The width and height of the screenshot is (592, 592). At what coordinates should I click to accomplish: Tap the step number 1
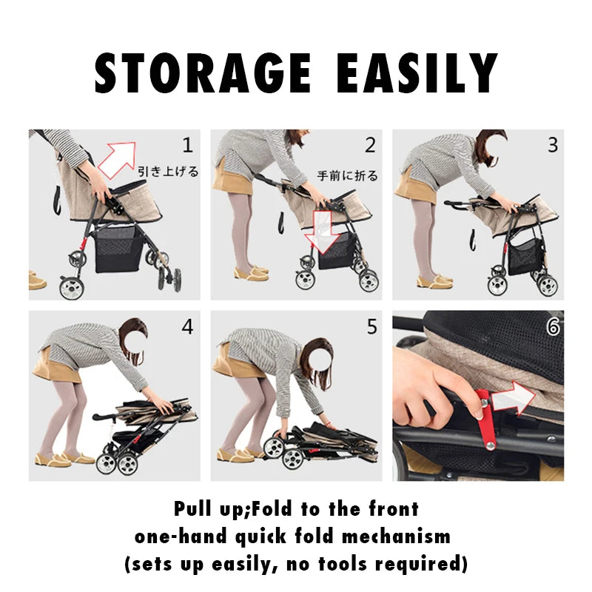coord(187,144)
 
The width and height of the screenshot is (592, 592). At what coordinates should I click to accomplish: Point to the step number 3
coord(552,145)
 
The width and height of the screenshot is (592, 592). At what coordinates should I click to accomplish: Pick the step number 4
coord(187,326)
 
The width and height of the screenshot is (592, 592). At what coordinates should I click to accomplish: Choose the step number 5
coord(371,326)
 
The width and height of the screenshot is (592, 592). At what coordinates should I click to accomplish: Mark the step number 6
coord(553,326)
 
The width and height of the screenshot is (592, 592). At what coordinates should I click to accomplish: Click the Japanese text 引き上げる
coord(169,172)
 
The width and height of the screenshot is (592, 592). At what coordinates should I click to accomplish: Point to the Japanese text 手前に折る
coord(347,176)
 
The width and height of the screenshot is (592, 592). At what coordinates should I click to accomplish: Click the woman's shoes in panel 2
coord(252,273)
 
